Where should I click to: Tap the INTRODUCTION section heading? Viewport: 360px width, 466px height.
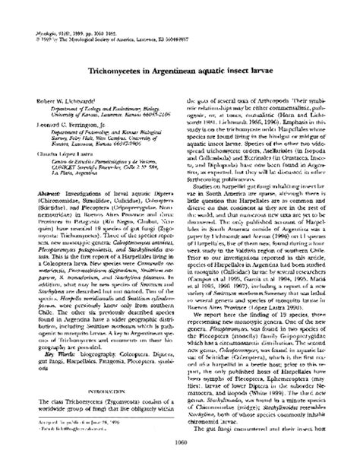(x=102, y=393)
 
